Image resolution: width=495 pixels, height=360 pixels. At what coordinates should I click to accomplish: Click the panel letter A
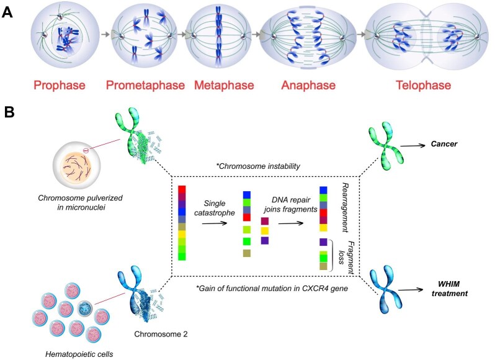click(x=9, y=12)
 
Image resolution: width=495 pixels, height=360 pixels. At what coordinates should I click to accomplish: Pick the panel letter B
click(x=9, y=112)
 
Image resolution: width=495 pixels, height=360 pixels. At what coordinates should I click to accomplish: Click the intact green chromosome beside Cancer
click(x=398, y=143)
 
